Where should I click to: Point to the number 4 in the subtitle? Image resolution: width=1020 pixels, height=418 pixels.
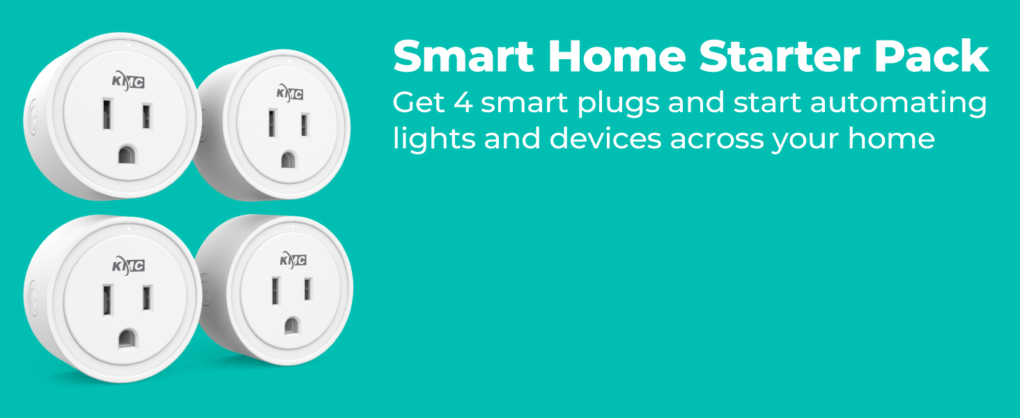coord(463,103)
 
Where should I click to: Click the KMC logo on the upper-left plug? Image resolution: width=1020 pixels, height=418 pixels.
coord(128,82)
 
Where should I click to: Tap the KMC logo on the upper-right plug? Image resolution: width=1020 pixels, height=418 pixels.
coord(291,93)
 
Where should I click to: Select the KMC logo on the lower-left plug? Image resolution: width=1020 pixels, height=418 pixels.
coord(128,265)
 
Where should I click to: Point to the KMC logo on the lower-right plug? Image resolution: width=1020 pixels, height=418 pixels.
coord(293,261)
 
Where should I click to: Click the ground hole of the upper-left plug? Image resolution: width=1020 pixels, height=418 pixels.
coord(127,154)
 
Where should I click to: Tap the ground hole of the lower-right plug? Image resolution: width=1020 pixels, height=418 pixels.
coord(292,325)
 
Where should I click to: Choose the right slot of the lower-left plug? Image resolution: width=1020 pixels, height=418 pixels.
coord(146,298)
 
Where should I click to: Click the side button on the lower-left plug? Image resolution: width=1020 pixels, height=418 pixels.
coord(31,298)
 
